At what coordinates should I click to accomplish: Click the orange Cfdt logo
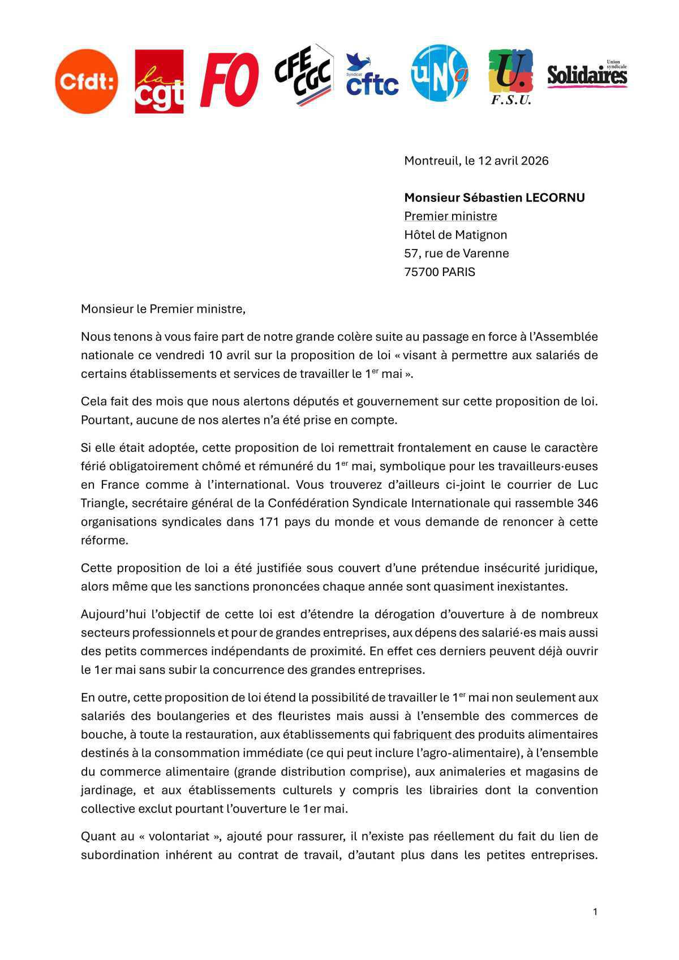click(87, 81)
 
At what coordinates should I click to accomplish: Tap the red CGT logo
click(159, 81)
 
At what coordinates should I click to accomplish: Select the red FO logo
click(229, 80)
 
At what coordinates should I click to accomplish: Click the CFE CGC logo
click(303, 75)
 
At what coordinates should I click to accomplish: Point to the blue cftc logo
click(372, 76)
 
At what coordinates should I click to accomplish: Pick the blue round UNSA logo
click(440, 74)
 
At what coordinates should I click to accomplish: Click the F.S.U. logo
click(510, 77)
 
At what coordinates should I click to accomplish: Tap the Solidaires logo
click(587, 75)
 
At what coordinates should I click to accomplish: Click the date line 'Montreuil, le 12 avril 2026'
click(476, 161)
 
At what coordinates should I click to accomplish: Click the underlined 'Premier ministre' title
click(450, 216)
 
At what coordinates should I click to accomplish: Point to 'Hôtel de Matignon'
click(455, 235)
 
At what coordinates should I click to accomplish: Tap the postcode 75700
click(421, 272)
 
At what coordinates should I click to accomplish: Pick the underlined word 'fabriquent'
click(423, 734)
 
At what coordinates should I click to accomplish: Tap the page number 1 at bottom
click(595, 911)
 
